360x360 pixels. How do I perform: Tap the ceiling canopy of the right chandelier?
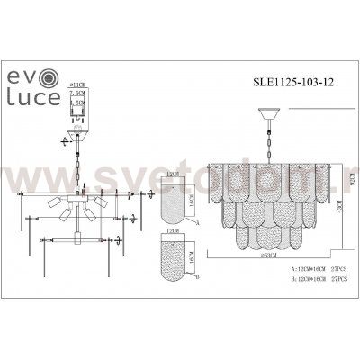tap(266, 112)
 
